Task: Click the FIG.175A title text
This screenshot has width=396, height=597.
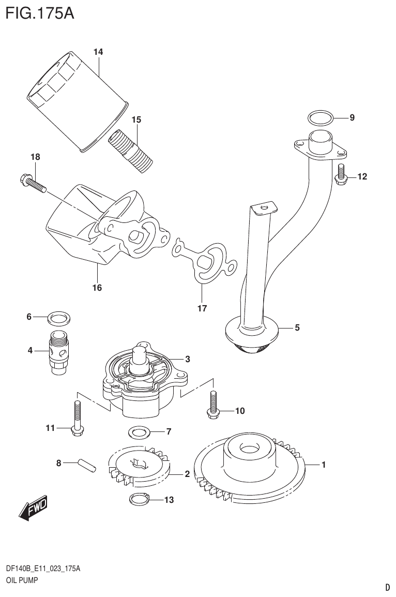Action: pyautogui.click(x=39, y=13)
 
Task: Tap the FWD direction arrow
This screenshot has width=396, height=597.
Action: pyautogui.click(x=33, y=509)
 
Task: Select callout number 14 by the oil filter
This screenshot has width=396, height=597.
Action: pyautogui.click(x=98, y=52)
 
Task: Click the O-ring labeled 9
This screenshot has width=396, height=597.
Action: pyautogui.click(x=319, y=118)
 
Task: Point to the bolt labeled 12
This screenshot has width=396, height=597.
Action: pyautogui.click(x=341, y=174)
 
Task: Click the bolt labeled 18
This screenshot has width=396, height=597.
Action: pyautogui.click(x=32, y=182)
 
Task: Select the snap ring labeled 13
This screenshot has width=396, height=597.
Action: pyautogui.click(x=138, y=499)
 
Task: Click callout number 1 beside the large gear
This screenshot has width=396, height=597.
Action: pyautogui.click(x=323, y=465)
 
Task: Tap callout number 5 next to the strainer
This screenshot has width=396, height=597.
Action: pyautogui.click(x=297, y=327)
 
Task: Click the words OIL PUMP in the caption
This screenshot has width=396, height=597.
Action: pyautogui.click(x=21, y=580)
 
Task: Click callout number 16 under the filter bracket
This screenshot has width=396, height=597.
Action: pyautogui.click(x=97, y=288)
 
